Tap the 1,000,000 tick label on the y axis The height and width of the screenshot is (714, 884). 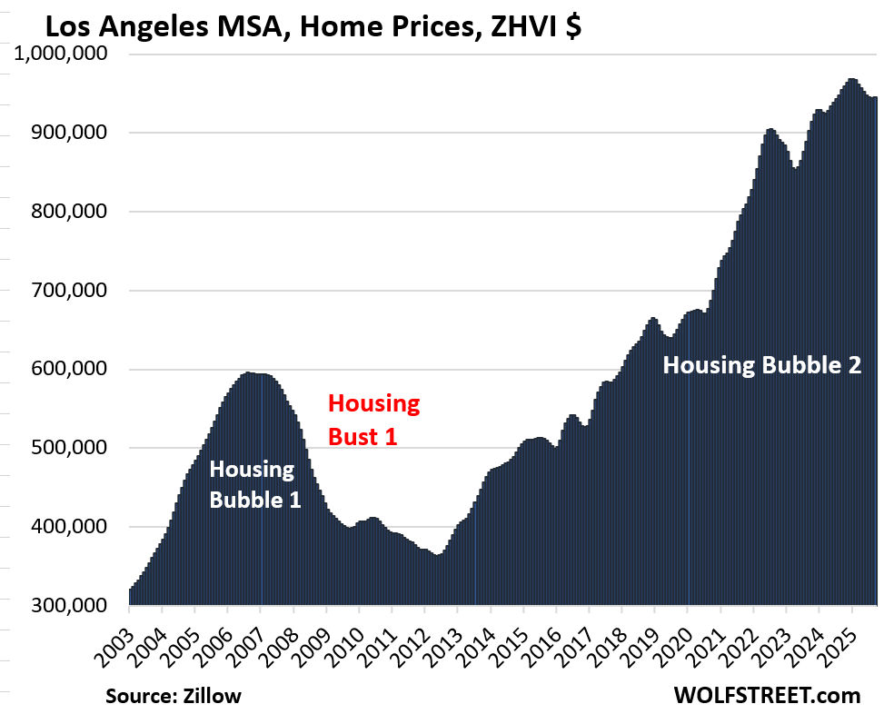click(61, 55)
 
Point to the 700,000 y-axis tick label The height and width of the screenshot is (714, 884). click(70, 291)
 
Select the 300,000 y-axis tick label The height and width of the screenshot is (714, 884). click(70, 606)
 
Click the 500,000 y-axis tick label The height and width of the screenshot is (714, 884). click(70, 448)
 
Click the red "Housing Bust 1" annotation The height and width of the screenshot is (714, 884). click(373, 419)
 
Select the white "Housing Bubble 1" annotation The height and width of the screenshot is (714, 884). click(254, 484)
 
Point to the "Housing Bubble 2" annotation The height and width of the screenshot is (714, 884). click(760, 366)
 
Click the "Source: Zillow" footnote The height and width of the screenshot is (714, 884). click(173, 696)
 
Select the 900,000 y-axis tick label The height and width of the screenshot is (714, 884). click(70, 133)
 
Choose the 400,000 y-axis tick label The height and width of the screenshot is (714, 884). click(70, 527)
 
